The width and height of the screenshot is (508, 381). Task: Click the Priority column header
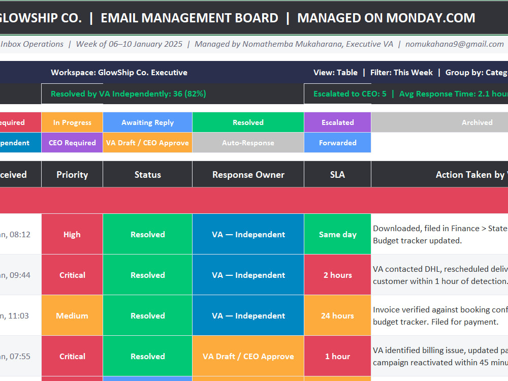[72, 175]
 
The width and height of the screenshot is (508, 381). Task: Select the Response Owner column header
[248, 175]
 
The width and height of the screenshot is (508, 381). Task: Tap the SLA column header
[337, 175]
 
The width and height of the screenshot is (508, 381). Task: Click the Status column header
[148, 175]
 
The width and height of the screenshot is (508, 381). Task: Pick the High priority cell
[72, 234]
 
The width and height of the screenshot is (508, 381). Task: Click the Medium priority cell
[72, 315]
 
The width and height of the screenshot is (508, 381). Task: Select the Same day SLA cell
[337, 234]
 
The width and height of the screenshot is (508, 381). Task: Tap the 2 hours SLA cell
[337, 275]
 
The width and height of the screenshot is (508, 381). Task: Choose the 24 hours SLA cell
[337, 315]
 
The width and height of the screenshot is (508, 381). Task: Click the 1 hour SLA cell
[337, 357]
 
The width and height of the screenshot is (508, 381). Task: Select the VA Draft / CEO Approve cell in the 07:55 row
[248, 357]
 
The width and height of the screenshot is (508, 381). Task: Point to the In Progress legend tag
[72, 122]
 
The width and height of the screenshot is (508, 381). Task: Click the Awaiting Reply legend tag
[148, 122]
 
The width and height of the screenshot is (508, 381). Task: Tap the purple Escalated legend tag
[337, 122]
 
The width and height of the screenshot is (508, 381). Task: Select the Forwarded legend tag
[337, 143]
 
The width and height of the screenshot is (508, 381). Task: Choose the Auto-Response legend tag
[248, 143]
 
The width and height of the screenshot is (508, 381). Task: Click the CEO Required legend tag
[72, 143]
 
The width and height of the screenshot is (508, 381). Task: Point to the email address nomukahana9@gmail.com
[455, 44]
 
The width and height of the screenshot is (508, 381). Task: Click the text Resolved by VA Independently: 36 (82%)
[129, 94]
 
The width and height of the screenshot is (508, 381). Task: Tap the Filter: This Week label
[401, 72]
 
